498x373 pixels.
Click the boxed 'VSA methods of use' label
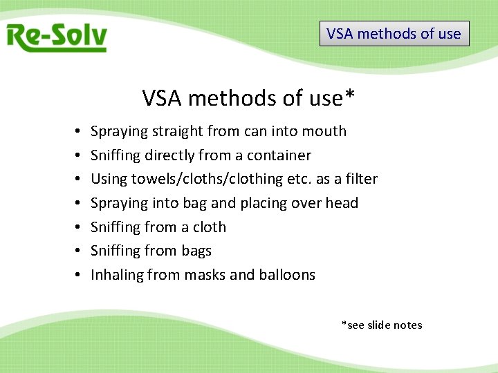coord(394,33)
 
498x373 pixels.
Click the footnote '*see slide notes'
coord(381,325)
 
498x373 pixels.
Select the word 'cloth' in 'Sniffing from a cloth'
coord(210,227)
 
